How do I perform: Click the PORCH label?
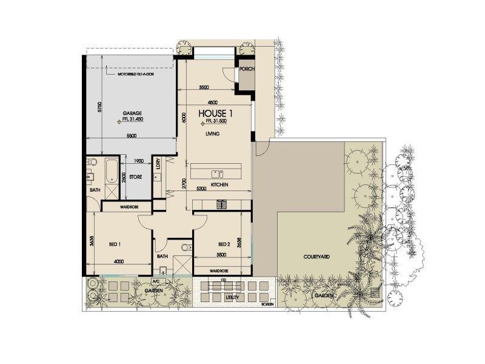246,69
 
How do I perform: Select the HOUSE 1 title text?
216,113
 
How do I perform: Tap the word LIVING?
212,133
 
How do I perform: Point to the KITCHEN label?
219,184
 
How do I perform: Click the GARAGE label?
132,113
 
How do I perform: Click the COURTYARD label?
316,257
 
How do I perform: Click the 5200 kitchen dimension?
201,189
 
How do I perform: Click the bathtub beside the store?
111,171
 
